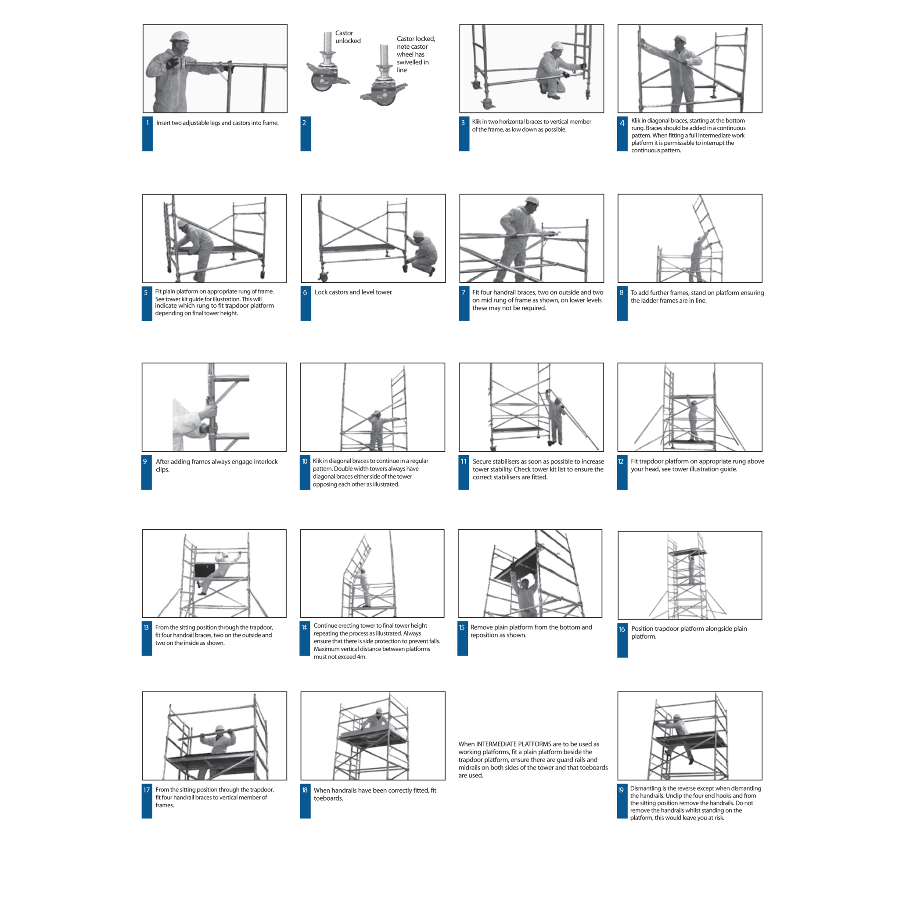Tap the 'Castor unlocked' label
pos(348,37)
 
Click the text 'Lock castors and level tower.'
pos(353,292)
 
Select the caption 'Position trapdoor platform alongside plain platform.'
pos(689,633)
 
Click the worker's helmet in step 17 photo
pos(219,728)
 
